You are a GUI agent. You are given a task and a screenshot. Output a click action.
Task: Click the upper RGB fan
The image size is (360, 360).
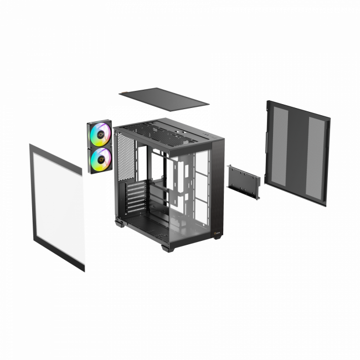coord(100,133)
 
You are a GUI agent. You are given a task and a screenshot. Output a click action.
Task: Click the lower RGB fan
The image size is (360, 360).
coord(100,159)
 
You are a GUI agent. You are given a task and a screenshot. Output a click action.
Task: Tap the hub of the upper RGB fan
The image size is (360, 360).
coord(100,133)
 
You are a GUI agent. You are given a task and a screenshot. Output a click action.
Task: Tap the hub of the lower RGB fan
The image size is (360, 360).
coord(100,159)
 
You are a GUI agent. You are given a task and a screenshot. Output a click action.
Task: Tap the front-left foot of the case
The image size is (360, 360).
coord(118,224)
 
